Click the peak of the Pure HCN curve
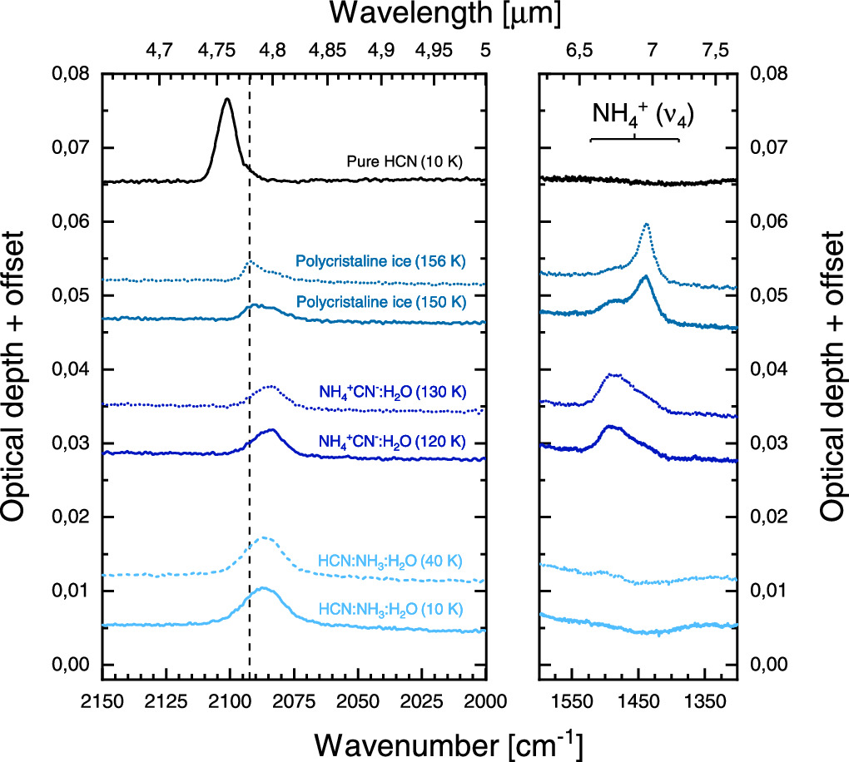pos(226,99)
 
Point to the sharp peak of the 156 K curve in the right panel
pos(647,224)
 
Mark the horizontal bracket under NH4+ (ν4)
pos(634,138)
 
